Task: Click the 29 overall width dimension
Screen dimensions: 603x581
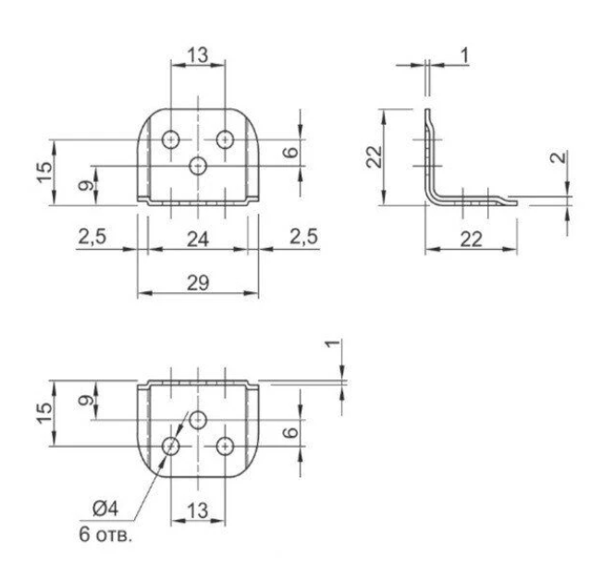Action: point(198,283)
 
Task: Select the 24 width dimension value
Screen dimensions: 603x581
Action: point(198,240)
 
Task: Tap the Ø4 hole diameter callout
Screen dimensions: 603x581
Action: point(105,508)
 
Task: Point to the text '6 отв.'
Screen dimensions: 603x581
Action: point(105,535)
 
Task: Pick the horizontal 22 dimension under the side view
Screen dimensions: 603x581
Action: point(471,240)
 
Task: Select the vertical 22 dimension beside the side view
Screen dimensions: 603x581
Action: point(375,157)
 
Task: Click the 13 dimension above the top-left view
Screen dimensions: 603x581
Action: point(198,55)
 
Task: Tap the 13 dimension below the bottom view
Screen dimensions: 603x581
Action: point(198,511)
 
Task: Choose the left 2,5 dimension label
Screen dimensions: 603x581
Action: point(92,236)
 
